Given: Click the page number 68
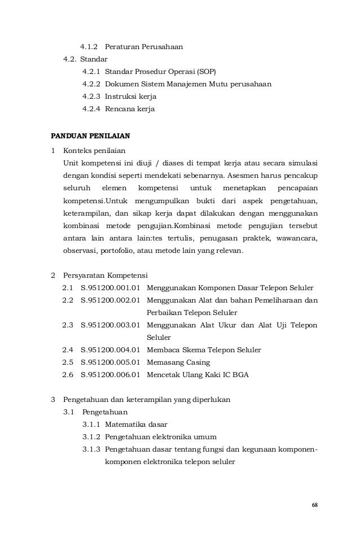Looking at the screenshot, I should click(314, 504).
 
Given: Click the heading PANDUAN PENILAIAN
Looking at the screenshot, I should click(90, 136).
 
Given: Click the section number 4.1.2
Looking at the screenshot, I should click(89, 46).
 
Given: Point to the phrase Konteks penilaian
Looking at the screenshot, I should click(95, 151).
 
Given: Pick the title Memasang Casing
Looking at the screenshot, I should click(178, 362).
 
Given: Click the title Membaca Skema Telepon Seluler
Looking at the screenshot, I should click(204, 350).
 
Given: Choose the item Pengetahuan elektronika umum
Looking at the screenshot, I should click(160, 436).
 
